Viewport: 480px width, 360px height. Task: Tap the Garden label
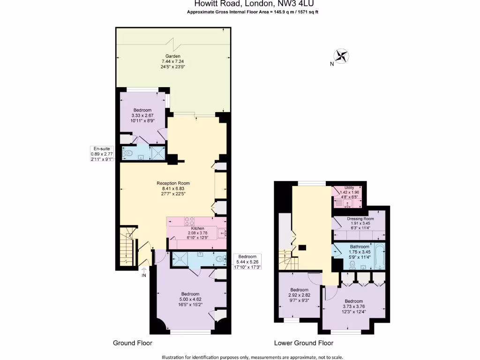pos(173,56)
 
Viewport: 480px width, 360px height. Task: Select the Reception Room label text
pos(173,183)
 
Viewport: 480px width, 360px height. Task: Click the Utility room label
pos(349,188)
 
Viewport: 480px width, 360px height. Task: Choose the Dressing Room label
pos(360,219)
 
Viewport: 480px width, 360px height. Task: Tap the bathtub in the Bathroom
pos(379,256)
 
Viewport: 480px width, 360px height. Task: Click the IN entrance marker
pos(144,276)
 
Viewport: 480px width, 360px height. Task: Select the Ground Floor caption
pos(133,343)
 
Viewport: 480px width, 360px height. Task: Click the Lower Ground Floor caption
pos(304,343)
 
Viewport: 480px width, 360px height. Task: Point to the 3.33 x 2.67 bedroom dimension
pos(142,115)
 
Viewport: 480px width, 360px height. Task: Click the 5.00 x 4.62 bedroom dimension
pos(190,299)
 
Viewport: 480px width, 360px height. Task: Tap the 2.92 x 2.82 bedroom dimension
pos(299,295)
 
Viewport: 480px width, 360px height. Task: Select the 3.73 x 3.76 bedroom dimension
pos(353,307)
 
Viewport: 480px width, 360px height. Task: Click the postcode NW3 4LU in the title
pos(291,4)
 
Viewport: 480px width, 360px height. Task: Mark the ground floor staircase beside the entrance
pos(127,248)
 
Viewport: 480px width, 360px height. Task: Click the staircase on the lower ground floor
pos(285,258)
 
